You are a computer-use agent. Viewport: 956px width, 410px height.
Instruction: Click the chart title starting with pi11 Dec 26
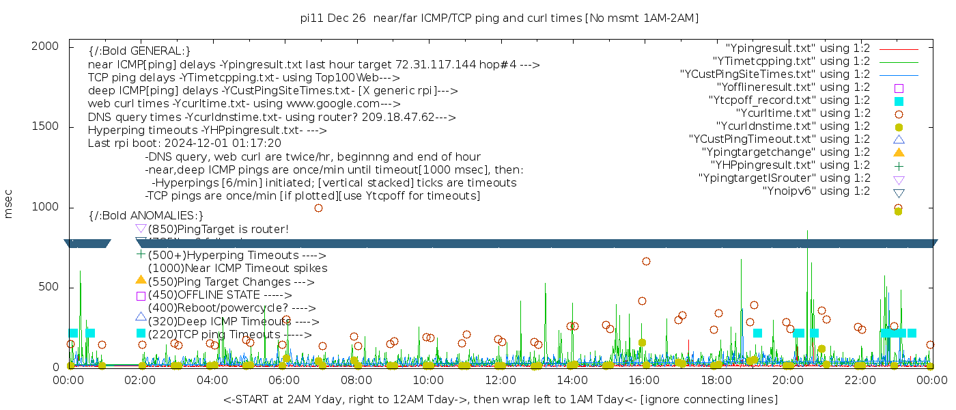pos(499,18)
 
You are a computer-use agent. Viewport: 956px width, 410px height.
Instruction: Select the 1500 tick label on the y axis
pos(46,126)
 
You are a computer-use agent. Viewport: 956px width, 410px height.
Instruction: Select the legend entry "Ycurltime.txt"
pos(802,113)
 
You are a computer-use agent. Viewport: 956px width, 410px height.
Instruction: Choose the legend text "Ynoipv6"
pos(816,191)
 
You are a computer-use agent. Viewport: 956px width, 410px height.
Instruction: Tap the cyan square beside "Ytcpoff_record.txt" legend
pos(899,101)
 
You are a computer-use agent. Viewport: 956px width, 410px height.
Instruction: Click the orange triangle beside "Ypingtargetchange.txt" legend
pos(899,152)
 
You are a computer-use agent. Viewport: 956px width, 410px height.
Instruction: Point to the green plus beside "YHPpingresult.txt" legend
pos(899,165)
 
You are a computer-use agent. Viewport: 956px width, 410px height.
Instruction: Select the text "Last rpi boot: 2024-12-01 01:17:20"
pos(184,143)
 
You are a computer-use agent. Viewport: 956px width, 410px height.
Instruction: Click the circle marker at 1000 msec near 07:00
pos(318,208)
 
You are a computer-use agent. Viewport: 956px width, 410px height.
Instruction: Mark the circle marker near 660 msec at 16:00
pos(646,261)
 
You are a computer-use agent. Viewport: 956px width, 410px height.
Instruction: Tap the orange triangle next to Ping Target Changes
pos(141,279)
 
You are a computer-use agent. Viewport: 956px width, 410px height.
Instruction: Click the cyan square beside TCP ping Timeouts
pos(141,333)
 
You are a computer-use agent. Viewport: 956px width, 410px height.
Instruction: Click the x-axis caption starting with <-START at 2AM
pos(500,399)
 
